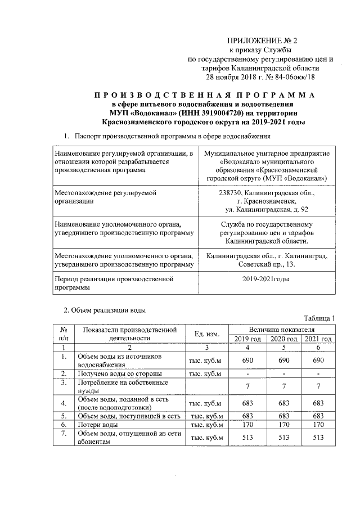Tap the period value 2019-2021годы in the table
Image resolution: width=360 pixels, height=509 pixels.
coord(267,279)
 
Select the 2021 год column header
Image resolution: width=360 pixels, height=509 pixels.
coord(318,339)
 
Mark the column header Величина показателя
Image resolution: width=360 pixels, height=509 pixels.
coord(283,328)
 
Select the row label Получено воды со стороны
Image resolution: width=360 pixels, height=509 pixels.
coord(120,373)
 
